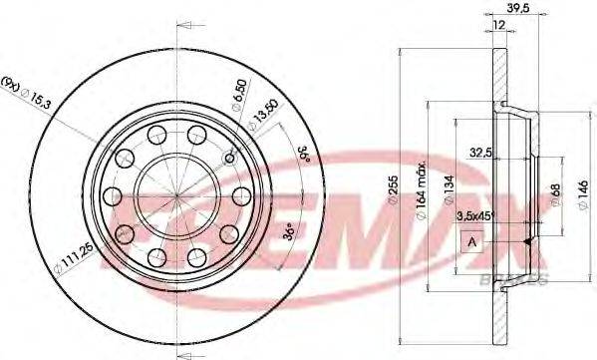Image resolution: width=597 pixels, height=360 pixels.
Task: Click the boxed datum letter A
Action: (469, 241)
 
